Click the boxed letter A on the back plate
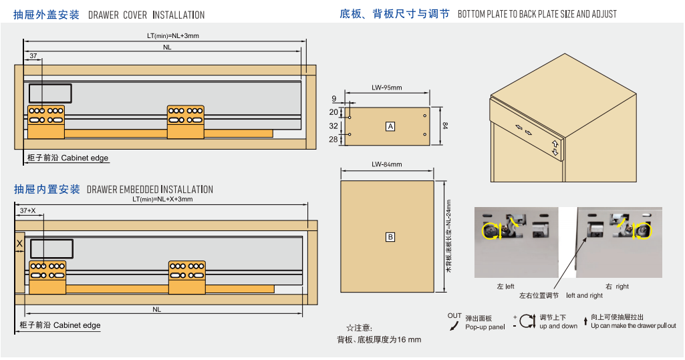coord(390,126)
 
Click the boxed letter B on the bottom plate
coord(390,237)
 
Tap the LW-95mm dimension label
coord(387,87)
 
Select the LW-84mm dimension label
coord(387,164)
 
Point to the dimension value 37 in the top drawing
coord(33,56)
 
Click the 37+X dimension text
coord(28,210)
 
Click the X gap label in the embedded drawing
coord(19,244)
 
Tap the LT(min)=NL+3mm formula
coord(172,36)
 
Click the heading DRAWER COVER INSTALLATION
coord(146,15)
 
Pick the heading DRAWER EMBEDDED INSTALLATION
coord(150,190)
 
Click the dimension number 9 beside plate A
coord(334,98)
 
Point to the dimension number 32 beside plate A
coord(334,126)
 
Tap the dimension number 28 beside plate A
coord(334,139)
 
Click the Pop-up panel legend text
coord(485,327)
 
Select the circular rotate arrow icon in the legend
coord(527,321)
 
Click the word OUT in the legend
coord(454,316)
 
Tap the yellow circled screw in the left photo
coord(492,231)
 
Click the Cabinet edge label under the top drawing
coord(84,158)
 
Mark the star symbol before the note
coord(350,328)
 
